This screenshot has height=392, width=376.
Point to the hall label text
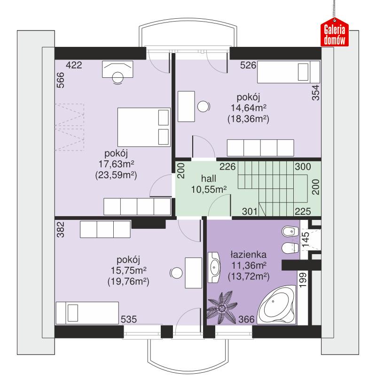tap(209, 179)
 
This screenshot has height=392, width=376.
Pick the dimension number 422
tap(74, 66)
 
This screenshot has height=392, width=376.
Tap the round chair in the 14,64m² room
tap(204, 106)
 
